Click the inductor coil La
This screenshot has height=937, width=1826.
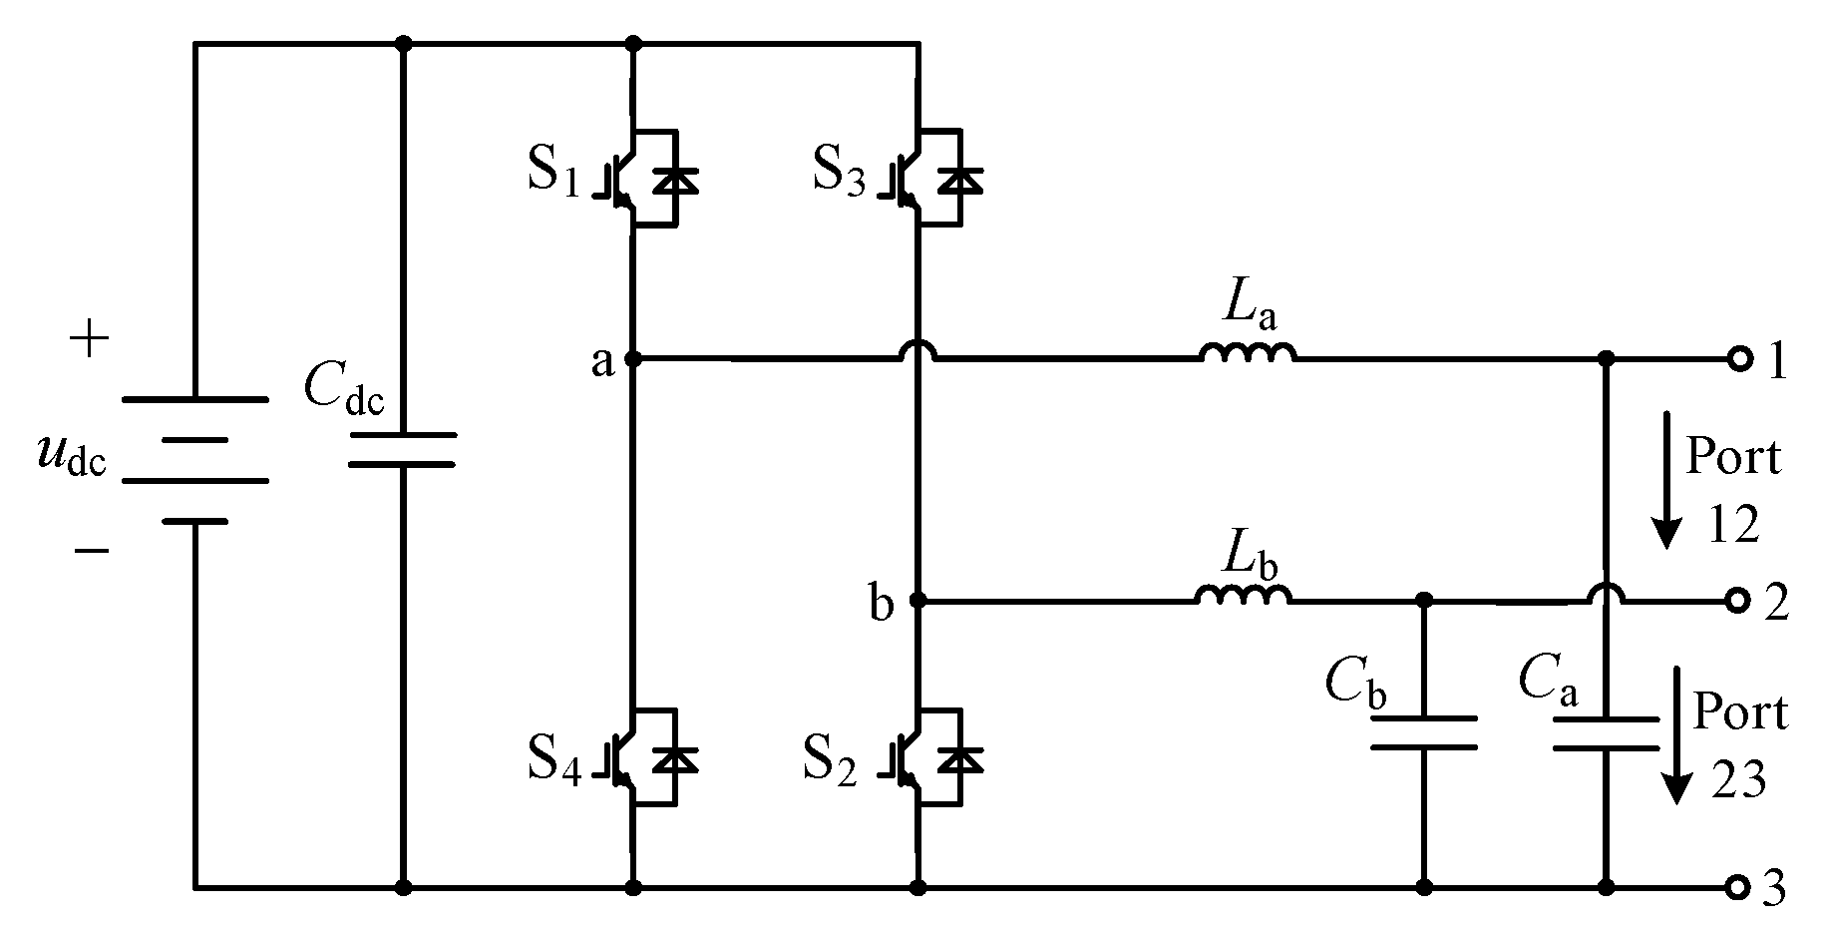point(1248,353)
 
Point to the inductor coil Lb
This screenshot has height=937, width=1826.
point(1243,597)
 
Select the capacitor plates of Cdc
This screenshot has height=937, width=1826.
point(403,450)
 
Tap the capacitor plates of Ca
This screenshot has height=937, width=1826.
point(1606,732)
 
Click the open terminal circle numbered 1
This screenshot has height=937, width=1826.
point(1739,358)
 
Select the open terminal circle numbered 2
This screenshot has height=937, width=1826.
point(1739,601)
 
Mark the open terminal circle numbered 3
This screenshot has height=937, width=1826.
point(1739,886)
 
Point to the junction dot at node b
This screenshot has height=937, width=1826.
point(918,601)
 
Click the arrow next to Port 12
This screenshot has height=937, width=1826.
point(1663,479)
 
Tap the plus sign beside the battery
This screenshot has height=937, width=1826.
point(90,339)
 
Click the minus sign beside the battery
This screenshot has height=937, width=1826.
point(92,550)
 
